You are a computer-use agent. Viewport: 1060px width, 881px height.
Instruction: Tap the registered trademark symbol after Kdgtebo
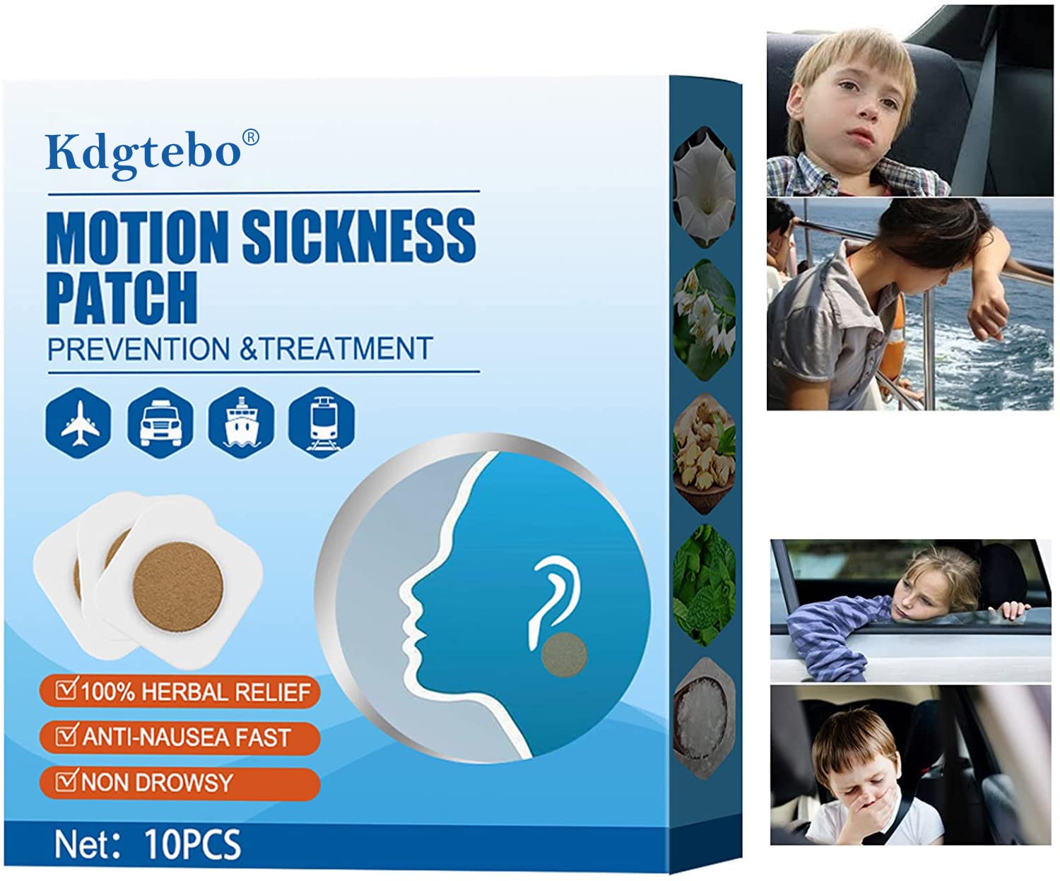pos(251,138)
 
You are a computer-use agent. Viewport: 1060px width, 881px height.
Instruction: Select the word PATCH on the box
pos(122,297)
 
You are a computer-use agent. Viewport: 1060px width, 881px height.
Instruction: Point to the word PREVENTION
pos(139,348)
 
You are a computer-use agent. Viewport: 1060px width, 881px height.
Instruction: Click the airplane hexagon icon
pos(78,423)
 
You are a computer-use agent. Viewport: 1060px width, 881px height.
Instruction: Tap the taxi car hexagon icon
pos(160,423)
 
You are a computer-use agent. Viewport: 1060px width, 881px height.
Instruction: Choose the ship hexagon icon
pos(241,423)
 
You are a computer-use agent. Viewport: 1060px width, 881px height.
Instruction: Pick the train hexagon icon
pos(322,423)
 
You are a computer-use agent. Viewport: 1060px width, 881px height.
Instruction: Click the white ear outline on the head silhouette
pos(553,599)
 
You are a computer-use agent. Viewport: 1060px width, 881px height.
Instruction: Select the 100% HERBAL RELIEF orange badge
pos(179,692)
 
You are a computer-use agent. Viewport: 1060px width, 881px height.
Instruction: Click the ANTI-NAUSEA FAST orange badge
pos(179,738)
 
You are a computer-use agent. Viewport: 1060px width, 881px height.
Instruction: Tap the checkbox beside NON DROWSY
pos(66,781)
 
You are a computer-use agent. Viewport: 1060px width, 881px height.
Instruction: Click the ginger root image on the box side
pos(705,453)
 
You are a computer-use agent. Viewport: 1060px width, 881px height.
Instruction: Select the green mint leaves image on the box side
pos(705,586)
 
